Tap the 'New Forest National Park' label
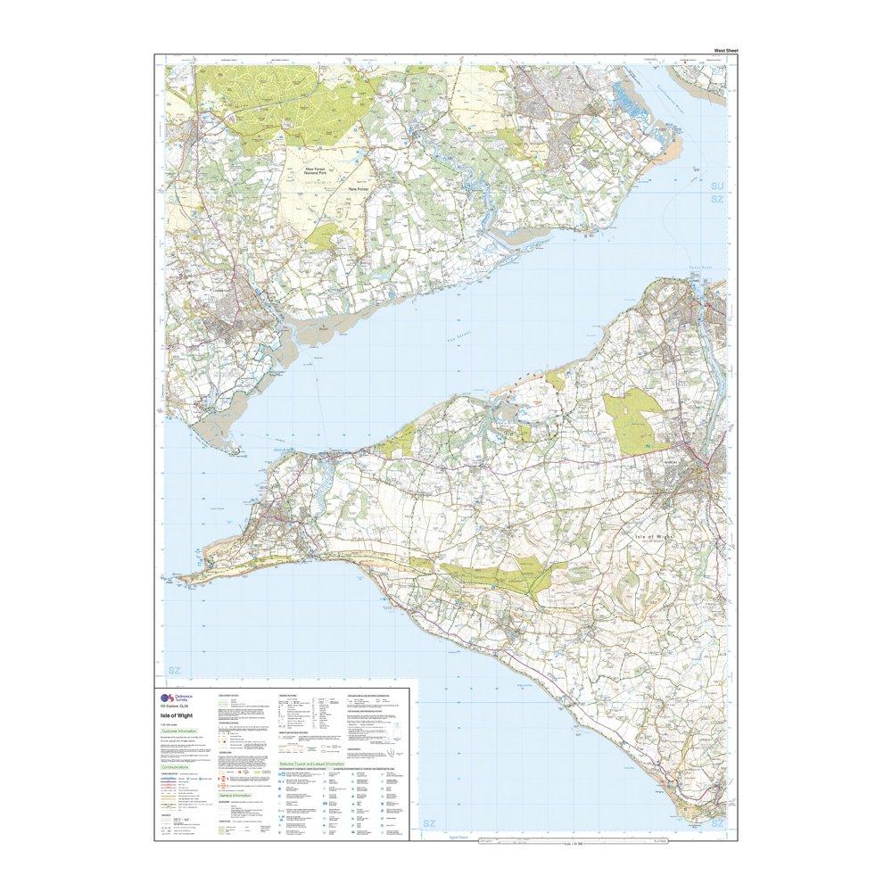point(326,171)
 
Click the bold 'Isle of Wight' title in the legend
point(181,714)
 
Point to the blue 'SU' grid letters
point(716,186)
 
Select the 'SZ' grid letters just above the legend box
point(175,669)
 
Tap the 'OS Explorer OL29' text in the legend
point(178,707)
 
